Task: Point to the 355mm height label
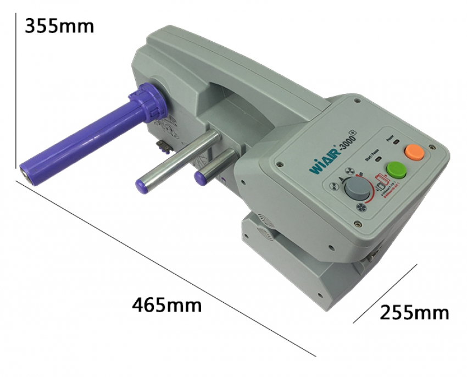point(59,26)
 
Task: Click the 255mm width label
point(414,313)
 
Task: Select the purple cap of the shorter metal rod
point(201,176)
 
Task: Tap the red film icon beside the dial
point(383,183)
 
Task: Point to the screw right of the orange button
point(432,146)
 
